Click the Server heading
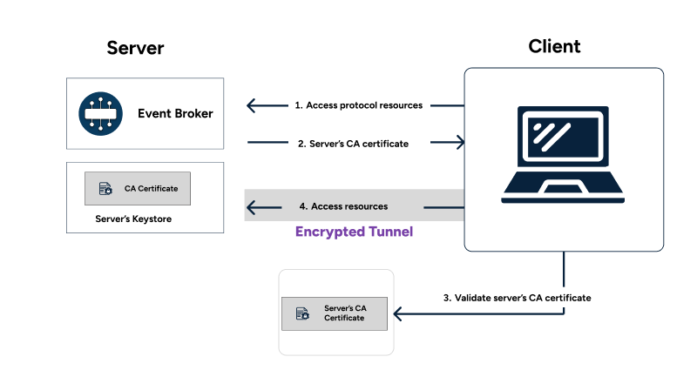[x=135, y=47]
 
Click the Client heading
[x=554, y=46]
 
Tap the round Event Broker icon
[x=98, y=113]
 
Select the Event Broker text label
[x=175, y=113]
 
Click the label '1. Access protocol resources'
[x=358, y=105]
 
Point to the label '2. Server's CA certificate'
[x=353, y=143]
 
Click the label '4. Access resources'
[x=343, y=206]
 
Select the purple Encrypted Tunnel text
[x=353, y=232]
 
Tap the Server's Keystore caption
[x=133, y=219]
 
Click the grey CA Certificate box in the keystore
[x=137, y=188]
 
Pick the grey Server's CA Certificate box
[x=334, y=313]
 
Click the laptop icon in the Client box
[x=563, y=155]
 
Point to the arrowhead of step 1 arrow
[x=251, y=106]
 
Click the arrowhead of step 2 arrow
[x=460, y=143]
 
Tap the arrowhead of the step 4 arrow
[x=251, y=207]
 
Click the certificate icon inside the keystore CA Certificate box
[x=105, y=188]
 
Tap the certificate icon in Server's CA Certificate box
[x=301, y=313]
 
